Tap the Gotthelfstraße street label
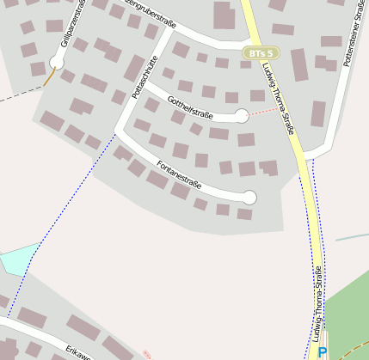pyautogui.click(x=190, y=107)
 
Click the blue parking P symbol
pyautogui.click(x=322, y=352)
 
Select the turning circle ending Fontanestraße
pyautogui.click(x=249, y=198)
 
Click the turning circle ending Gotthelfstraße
pyautogui.click(x=242, y=116)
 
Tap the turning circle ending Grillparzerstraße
pyautogui.click(x=57, y=62)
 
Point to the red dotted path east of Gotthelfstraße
pyautogui.click(x=261, y=113)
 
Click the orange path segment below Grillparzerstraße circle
pyautogui.click(x=49, y=76)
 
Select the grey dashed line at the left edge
pyautogui.click(x=17, y=95)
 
